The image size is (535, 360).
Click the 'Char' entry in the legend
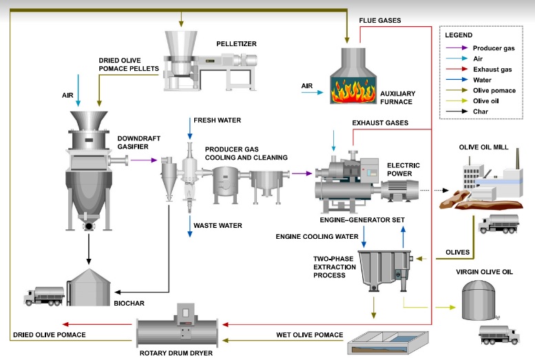(482, 111)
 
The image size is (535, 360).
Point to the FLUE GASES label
(380, 20)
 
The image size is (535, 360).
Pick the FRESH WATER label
(218, 120)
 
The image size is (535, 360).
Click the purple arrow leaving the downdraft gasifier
(142, 160)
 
